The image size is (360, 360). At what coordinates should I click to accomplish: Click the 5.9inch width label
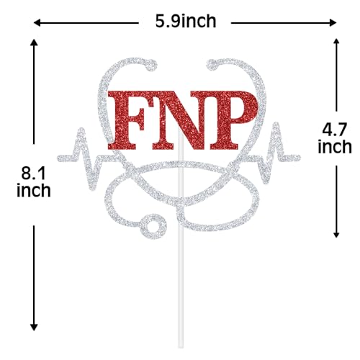click(x=186, y=22)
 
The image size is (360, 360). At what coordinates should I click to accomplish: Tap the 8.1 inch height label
click(x=34, y=182)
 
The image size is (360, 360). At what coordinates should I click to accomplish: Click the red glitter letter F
click(x=127, y=120)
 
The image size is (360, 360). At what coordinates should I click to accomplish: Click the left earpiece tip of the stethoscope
click(x=151, y=66)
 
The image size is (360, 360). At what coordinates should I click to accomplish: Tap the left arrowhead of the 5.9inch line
click(x=37, y=23)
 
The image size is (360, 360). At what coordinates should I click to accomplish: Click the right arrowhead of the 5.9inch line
click(x=333, y=23)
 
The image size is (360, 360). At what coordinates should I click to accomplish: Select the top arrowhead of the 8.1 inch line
click(x=34, y=42)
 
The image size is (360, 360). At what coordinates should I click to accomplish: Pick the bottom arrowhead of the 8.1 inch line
click(x=34, y=328)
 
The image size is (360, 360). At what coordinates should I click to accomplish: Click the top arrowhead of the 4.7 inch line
click(x=336, y=42)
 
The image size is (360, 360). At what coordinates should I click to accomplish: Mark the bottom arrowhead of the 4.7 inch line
click(x=336, y=235)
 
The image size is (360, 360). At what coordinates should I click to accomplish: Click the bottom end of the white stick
click(x=181, y=346)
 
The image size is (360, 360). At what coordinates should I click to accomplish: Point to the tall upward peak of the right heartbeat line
click(x=276, y=125)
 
